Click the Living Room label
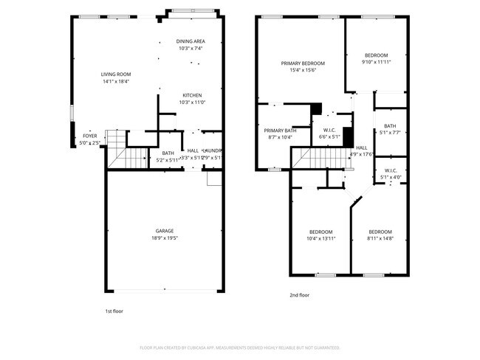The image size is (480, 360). pos(116,74)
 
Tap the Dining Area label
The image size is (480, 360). pos(190,41)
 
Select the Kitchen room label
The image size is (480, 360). pos(193,95)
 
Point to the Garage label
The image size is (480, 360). pos(164,231)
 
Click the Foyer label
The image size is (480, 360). pos(89,136)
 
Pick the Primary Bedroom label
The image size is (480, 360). pos(299,63)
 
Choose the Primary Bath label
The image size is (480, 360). pos(280,130)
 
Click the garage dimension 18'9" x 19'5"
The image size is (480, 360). pos(164,238)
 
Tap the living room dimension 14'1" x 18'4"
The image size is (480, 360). pos(116,81)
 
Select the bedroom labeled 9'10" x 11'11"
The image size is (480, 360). pos(376,63)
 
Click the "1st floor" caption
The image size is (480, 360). pos(114,311)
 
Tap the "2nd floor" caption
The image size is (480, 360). pos(299,295)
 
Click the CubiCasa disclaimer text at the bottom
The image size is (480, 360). pos(240,347)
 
